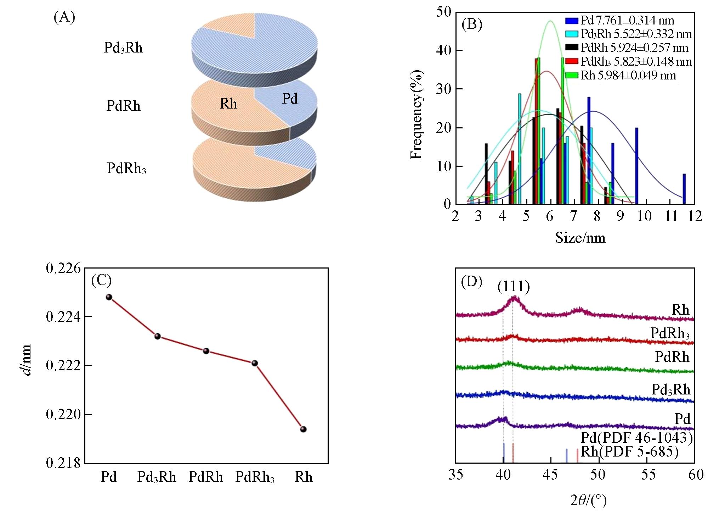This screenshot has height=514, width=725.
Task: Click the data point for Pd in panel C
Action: pos(109,297)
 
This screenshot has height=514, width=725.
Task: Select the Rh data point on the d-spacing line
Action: pos(303,429)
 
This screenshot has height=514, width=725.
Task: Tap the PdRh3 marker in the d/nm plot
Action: pos(255,363)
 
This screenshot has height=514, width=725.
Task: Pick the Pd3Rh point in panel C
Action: pos(158,336)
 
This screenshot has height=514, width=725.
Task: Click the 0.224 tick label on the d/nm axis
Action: pos(63,316)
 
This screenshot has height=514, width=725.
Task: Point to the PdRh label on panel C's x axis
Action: pos(206,477)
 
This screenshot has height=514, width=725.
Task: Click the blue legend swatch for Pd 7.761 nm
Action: pos(572,21)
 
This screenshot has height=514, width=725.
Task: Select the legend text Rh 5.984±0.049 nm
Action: pos(628,75)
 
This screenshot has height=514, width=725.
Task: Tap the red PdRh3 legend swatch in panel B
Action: pos(572,61)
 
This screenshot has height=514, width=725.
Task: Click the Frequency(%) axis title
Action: pos(417,115)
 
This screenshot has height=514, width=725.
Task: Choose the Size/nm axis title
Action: pos(580,237)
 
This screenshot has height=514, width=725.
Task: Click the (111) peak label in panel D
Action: pos(514,287)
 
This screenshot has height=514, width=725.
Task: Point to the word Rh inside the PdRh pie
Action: pos(228,104)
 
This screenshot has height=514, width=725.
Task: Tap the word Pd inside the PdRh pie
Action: pos(290,99)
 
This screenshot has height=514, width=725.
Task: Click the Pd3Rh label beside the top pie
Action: pos(123,48)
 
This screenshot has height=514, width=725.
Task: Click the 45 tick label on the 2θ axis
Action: pos(550,475)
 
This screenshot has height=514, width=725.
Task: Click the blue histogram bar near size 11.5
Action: pos(684,189)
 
